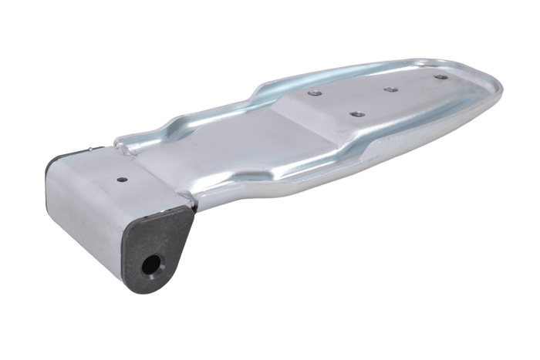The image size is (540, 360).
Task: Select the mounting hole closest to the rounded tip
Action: (440, 78)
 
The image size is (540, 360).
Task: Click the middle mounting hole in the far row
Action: (391, 89)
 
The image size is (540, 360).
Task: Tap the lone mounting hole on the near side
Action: (356, 114)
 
